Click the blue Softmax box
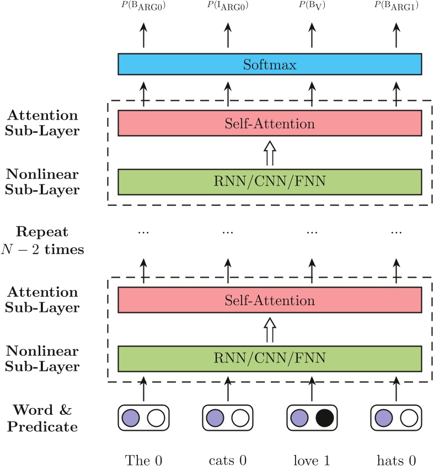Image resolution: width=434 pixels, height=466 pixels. pyautogui.click(x=270, y=64)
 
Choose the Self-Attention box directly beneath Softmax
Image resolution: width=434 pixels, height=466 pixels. pyautogui.click(x=270, y=123)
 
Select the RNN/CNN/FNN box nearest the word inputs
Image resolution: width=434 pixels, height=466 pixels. pyautogui.click(x=270, y=359)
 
